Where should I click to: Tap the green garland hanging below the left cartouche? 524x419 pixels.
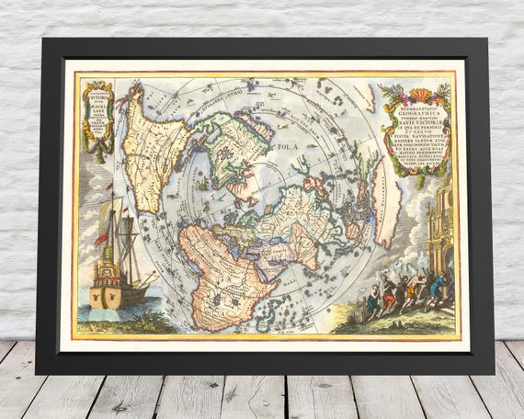point(98,151)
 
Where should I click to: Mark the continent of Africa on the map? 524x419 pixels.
point(221,266)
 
